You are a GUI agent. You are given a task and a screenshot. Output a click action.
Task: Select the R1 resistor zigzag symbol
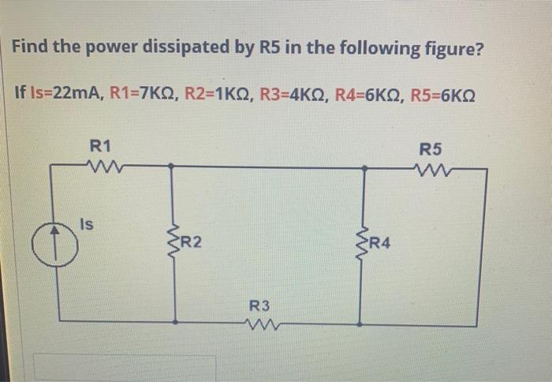[101, 166]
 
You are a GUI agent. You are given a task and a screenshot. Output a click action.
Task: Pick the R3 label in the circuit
[259, 305]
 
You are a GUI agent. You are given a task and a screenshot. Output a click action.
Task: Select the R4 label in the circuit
[379, 242]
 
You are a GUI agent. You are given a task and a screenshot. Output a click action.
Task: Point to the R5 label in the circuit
[431, 148]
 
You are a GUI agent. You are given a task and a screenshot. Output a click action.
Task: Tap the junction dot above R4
[364, 167]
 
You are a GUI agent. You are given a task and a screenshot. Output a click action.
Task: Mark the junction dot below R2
[174, 322]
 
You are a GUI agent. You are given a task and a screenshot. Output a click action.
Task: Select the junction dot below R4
[360, 324]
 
